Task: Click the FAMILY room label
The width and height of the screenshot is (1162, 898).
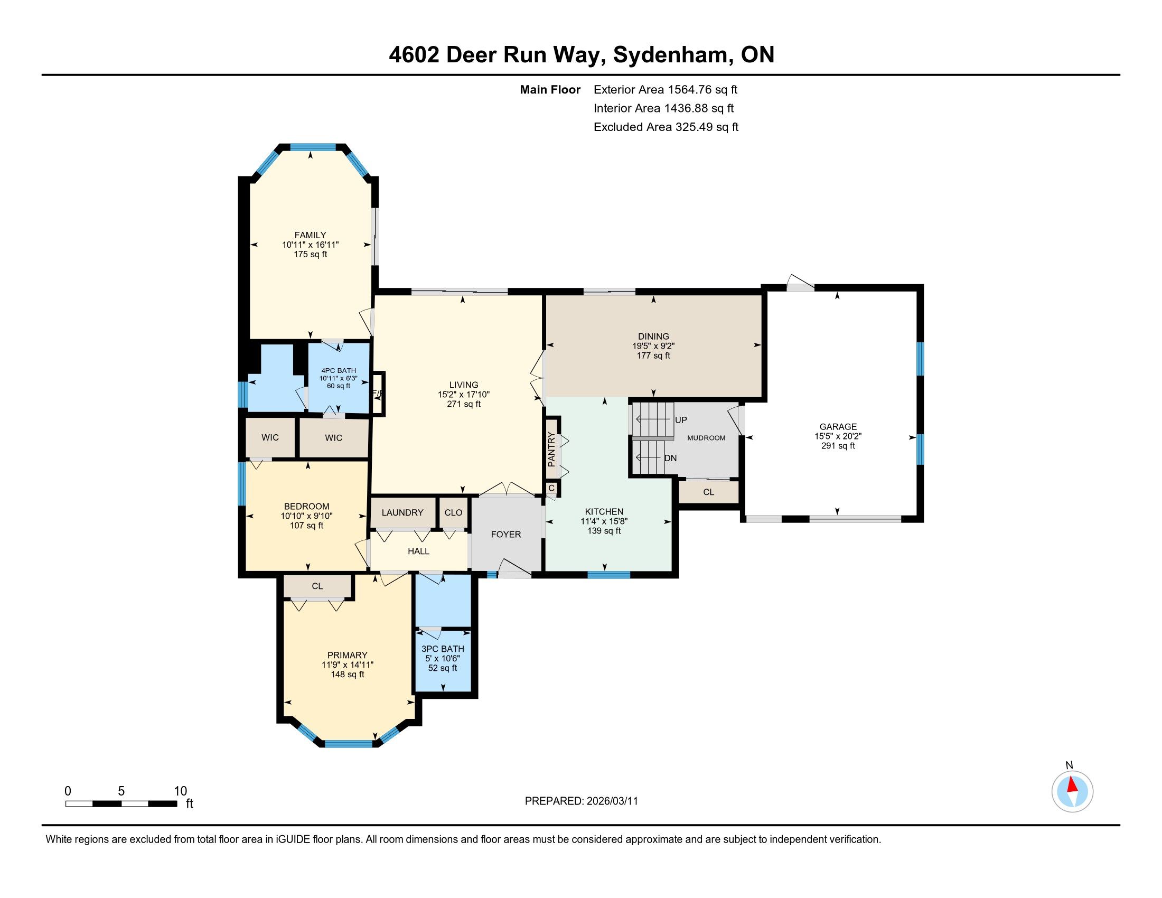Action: [x=310, y=235]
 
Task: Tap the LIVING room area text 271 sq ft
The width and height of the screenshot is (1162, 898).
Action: [x=463, y=404]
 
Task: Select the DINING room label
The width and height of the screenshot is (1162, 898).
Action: [x=653, y=336]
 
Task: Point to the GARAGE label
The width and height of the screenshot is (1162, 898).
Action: [x=838, y=427]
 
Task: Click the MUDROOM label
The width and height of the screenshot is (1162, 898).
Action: [x=706, y=438]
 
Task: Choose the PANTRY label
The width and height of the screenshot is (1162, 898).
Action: [x=551, y=450]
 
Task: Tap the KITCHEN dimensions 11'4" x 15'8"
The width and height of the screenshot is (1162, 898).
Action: [x=604, y=521]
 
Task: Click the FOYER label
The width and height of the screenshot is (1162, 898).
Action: [x=505, y=535]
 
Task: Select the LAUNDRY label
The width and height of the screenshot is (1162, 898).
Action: [x=402, y=512]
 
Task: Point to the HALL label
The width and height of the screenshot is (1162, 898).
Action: [x=418, y=551]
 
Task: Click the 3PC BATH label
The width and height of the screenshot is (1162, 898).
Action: [x=443, y=649]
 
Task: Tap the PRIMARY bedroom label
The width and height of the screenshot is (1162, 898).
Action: [x=348, y=656]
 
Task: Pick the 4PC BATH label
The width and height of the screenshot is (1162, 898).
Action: [x=339, y=371]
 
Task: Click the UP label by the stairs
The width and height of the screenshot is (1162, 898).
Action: [x=681, y=420]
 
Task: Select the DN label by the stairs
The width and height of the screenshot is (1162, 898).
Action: [x=670, y=458]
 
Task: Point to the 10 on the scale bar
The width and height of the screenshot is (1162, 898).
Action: [x=180, y=791]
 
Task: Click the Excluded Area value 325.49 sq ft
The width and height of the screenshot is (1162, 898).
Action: [x=707, y=127]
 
